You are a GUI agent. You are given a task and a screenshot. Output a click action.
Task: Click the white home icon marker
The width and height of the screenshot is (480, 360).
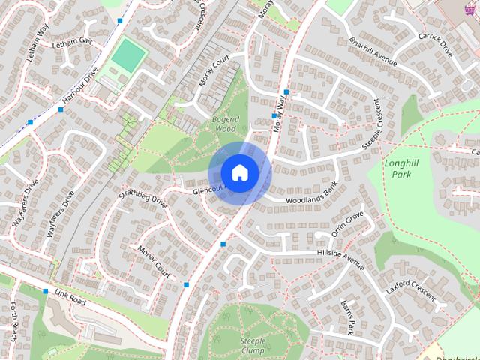tap(239, 172)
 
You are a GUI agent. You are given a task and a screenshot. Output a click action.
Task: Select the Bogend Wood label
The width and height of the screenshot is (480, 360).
tap(225, 124)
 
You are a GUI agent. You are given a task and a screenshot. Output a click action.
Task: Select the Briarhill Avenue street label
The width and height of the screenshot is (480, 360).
tap(372, 53)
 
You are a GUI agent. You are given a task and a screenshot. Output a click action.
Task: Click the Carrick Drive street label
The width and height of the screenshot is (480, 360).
tap(436, 46)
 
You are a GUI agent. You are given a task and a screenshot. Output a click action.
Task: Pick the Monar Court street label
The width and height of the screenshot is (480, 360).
tap(153, 257)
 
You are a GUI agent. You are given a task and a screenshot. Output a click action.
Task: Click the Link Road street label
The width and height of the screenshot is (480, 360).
tap(70, 300)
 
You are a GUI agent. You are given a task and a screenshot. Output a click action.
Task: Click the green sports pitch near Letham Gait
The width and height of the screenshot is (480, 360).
tap(128, 55)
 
